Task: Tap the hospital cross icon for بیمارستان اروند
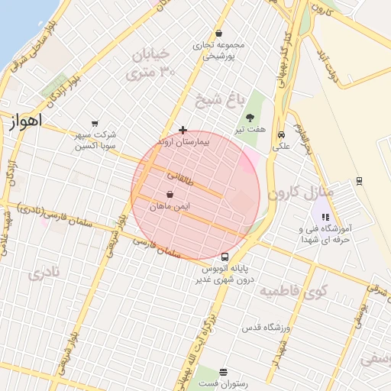tap(183, 131)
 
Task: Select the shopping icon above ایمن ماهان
tap(169, 195)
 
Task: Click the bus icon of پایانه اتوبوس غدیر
tap(225, 257)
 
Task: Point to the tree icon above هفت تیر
tap(250, 117)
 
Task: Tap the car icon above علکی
tap(281, 134)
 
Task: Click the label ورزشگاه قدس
tap(266, 327)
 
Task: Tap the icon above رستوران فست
tap(222, 373)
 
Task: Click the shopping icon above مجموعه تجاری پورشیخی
tap(219, 33)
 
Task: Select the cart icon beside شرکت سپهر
tap(95, 123)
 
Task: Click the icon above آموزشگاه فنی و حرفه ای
tap(326, 218)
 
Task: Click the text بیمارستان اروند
tap(182, 143)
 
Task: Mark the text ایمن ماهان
tap(170, 206)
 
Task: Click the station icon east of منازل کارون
tap(359, 180)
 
